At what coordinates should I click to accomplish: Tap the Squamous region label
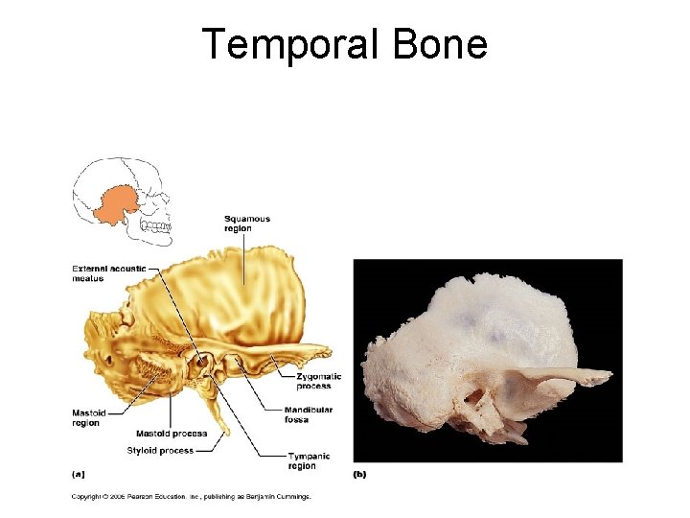pos(247,224)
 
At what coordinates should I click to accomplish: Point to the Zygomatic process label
pos(313,381)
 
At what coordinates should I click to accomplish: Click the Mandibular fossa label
pos(310,414)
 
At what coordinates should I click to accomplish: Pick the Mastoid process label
pos(171,434)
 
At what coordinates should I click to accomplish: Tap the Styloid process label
pos(160,451)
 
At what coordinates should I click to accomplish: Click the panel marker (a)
pos(78,473)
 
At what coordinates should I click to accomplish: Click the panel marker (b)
pos(359,473)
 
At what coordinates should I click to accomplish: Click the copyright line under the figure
pos(192,496)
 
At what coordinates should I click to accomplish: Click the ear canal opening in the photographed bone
pos(476,395)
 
